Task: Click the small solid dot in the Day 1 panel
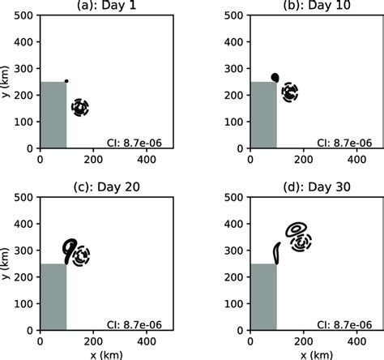coord(66,81)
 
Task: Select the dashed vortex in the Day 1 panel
coord(79,107)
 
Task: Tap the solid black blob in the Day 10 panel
coord(275,78)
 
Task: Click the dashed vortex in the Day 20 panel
coord(80,257)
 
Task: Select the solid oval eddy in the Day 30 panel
coord(296,229)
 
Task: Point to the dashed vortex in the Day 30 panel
coord(302,242)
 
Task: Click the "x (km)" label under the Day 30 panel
coord(304,354)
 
